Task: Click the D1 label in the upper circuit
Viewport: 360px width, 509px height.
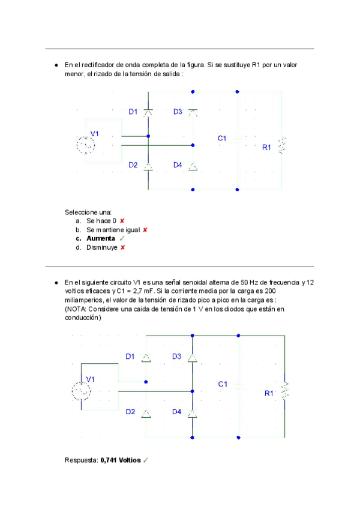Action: coord(133,112)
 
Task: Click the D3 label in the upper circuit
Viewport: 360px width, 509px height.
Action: coord(178,112)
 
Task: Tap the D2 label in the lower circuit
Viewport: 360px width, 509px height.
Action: coord(130,412)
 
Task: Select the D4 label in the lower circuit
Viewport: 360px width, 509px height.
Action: coord(176,412)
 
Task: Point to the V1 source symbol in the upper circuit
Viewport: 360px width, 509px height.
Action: coord(86,145)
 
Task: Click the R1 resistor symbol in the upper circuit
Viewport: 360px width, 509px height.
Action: coord(283,145)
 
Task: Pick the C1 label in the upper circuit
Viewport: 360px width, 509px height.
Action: coord(222,138)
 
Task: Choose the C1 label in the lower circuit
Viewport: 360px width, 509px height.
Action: coord(223,384)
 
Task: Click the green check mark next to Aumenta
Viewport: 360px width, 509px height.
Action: coord(122,238)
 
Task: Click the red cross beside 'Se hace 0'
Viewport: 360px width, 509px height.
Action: coord(122,221)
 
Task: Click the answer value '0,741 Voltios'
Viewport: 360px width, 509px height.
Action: coord(121,460)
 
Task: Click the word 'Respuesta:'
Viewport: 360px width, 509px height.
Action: coord(82,460)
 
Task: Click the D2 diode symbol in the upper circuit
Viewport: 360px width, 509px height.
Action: coord(148,166)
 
